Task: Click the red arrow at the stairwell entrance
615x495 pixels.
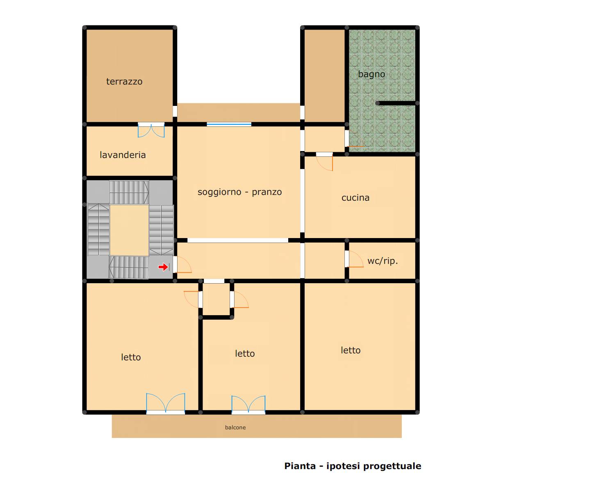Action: point(163,267)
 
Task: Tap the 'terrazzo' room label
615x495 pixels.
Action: point(124,82)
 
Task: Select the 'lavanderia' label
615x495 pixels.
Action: point(123,155)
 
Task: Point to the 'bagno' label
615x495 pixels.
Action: point(371,74)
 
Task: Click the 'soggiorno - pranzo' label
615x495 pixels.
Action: point(239,192)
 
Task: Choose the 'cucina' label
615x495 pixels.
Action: point(355,198)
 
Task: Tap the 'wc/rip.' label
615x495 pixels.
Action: point(383,261)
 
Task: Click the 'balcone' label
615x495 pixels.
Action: point(235,427)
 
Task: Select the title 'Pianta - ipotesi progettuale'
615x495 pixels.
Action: point(353,466)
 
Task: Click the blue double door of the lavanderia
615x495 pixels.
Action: point(151,130)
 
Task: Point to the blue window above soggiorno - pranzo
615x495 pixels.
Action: point(229,124)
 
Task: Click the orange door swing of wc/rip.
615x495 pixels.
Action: point(355,259)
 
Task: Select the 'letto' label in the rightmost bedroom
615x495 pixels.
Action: point(351,350)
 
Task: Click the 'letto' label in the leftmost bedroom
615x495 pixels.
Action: point(131,357)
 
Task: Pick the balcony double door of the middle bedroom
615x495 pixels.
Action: point(248,405)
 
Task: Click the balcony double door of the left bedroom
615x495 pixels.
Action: point(166,403)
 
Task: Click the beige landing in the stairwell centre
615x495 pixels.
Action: point(129,230)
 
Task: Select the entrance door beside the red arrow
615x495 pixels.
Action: point(182,265)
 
